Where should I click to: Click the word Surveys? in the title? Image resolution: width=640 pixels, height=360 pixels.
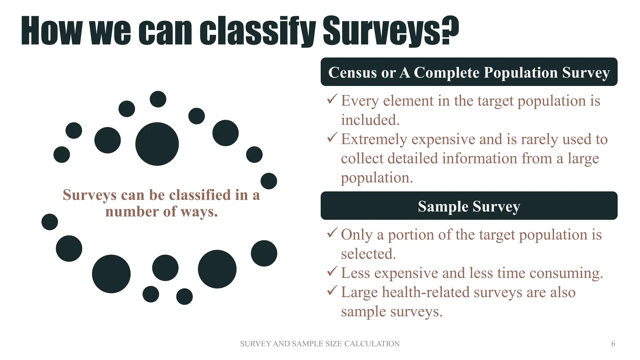(391, 31)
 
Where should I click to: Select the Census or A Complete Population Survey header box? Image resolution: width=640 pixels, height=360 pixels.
(469, 72)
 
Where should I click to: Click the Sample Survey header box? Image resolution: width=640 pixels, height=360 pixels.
(469, 206)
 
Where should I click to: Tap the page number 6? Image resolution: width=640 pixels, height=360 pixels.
(613, 344)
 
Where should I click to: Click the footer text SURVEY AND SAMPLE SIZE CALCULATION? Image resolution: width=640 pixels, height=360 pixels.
(320, 344)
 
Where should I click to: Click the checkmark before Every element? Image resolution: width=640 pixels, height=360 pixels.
(332, 99)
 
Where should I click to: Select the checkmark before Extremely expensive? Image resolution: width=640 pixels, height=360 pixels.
(332, 137)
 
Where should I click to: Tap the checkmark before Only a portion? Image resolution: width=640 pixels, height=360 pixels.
(332, 233)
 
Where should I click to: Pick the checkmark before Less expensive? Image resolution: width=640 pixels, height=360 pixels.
(332, 271)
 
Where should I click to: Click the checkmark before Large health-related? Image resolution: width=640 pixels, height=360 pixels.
(332, 291)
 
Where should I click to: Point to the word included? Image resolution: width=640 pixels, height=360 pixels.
(370, 120)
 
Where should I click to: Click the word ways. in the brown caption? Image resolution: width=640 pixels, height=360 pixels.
(199, 212)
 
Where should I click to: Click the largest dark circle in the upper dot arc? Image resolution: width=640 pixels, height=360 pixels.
(157, 144)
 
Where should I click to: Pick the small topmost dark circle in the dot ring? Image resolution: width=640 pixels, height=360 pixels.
(158, 99)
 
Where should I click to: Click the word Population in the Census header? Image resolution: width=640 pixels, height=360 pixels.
(521, 72)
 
